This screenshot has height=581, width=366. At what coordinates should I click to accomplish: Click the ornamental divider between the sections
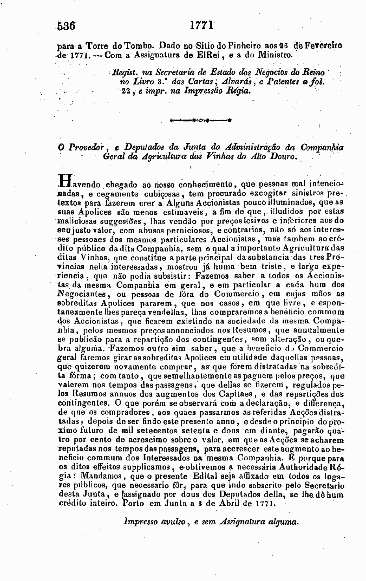click(201, 120)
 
